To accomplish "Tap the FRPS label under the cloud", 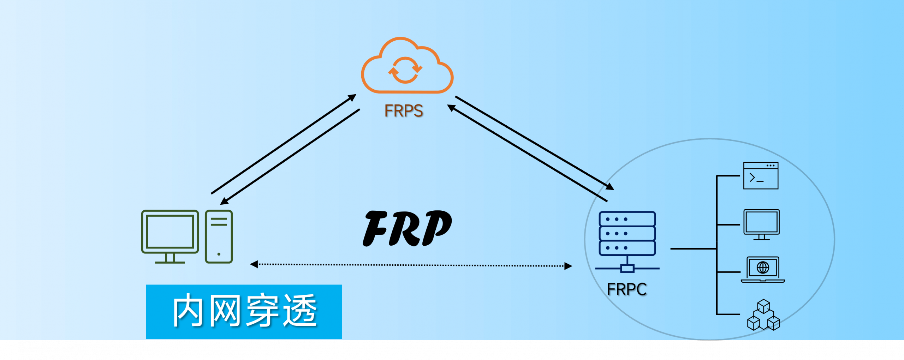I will coord(404,111).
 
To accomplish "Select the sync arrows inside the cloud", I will coord(405,70).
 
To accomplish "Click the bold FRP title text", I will coord(407,228).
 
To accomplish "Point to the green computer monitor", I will coord(170,233).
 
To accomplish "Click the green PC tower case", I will coord(219,236).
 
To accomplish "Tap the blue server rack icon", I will coord(627,233).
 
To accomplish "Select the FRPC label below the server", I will coord(627,289).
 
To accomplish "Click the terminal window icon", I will coord(761,176).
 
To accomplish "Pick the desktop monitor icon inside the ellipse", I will coord(761,224).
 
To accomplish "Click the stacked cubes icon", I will coord(763,315).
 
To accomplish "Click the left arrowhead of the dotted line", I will coord(254,264).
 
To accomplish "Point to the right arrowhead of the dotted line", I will coord(568,266).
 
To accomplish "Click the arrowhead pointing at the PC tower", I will coord(224,202).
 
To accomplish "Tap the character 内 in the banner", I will coord(188,311).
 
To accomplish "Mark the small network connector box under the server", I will coord(627,269).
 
